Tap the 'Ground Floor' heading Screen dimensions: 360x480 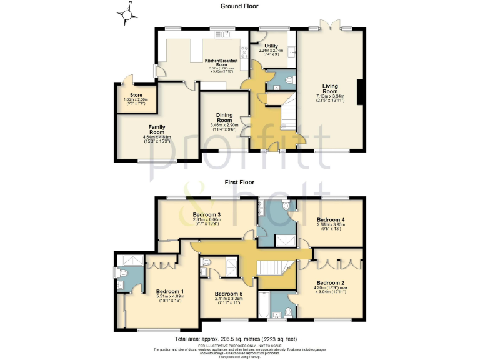(x=240, y=6)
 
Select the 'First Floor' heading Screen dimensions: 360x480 (x=240, y=182)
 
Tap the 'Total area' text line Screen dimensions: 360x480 (x=240, y=339)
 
